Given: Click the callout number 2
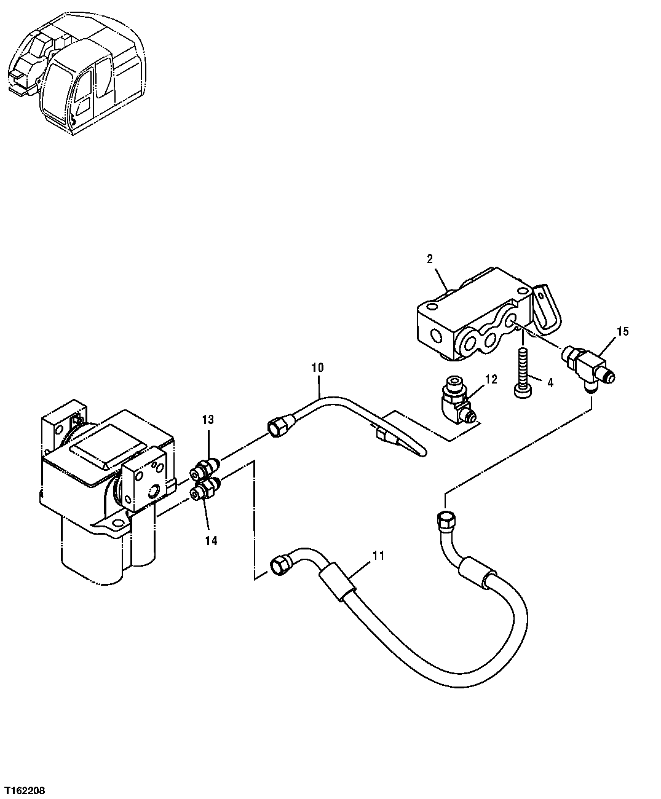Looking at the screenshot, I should [430, 259].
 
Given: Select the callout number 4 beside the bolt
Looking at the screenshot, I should [550, 382].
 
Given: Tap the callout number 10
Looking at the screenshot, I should [317, 368].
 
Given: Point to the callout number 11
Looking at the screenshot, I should [378, 556].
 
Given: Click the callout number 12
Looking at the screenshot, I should [491, 380].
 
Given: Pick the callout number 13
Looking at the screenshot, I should [208, 420].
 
